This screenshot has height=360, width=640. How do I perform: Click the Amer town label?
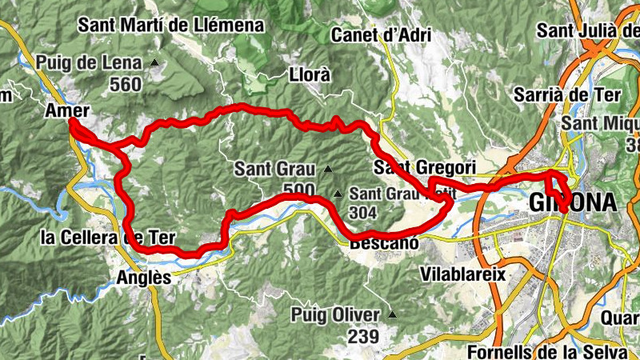68,110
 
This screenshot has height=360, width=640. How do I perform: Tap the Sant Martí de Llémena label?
170,25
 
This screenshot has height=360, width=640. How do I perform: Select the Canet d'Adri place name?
381,35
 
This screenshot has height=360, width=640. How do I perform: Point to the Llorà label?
309,76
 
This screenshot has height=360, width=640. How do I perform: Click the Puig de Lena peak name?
95,62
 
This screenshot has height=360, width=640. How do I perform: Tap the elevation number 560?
126,84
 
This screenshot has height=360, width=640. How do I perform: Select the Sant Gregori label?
424,167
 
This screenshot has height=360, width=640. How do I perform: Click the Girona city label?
573,203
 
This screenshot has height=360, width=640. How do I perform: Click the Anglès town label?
144,278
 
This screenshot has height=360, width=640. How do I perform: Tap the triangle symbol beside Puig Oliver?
391,314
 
